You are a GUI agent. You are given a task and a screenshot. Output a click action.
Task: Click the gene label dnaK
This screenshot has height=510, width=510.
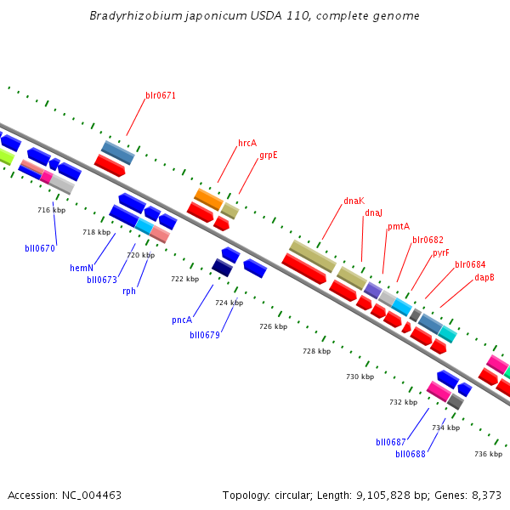click(x=354, y=201)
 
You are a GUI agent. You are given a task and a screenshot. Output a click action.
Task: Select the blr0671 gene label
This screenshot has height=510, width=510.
click(x=161, y=95)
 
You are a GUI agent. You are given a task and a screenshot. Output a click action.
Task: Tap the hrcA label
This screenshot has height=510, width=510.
click(x=246, y=143)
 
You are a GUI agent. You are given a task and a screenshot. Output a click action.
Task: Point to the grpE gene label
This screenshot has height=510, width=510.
click(x=269, y=155)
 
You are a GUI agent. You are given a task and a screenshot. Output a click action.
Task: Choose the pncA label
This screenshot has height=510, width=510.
click(x=181, y=320)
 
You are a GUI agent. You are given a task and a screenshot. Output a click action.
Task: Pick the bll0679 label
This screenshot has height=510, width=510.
click(x=205, y=335)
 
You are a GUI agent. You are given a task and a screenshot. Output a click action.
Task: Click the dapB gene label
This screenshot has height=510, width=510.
click(x=484, y=277)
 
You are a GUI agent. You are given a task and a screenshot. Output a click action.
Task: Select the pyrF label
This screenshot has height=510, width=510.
click(x=440, y=252)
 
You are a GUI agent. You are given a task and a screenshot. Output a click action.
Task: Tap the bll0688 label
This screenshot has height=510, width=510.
click(x=411, y=454)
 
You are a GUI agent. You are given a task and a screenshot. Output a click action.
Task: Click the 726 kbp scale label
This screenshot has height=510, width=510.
click(x=273, y=326)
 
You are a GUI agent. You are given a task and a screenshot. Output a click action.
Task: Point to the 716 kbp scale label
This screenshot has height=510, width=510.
click(x=51, y=210)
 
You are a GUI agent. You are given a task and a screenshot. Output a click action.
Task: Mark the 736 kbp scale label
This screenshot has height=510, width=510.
click(x=488, y=454)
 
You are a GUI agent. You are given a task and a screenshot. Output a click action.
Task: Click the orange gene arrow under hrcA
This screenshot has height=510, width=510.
click(x=208, y=200)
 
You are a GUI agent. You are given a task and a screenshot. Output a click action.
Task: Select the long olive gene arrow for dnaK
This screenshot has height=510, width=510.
click(x=312, y=255)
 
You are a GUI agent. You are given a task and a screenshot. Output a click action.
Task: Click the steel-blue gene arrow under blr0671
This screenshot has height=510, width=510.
click(x=117, y=152)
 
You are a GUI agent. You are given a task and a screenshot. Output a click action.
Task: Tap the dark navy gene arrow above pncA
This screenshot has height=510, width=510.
click(x=223, y=268)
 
